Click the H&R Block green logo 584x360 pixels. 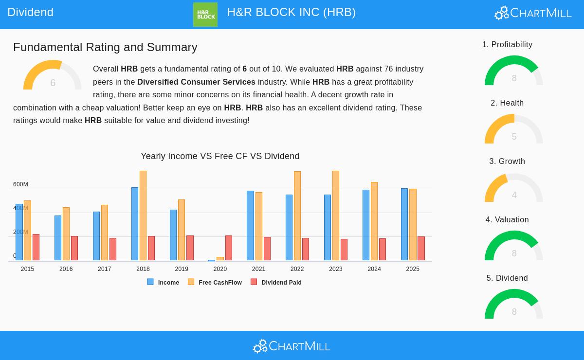pos(205,15)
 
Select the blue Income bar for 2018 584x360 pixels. pos(135,224)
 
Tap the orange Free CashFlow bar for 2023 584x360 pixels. pos(336,216)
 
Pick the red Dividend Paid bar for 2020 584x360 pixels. pos(229,248)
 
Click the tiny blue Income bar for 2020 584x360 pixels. pos(212,260)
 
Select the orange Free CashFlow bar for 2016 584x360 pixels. pos(66,234)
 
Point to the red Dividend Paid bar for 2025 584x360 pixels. pos(421,248)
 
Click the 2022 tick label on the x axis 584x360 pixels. pos(297,269)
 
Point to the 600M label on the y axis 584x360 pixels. pos(20,184)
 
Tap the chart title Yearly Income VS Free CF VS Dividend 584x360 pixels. pos(220,156)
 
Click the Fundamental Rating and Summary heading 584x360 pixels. pos(105,47)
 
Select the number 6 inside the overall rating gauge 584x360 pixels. pos(53,83)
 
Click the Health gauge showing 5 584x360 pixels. pos(514,130)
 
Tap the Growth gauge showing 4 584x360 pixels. pos(514,189)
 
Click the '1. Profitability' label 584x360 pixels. pos(507,45)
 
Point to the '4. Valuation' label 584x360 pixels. pos(507,220)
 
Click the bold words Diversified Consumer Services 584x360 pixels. pos(196,82)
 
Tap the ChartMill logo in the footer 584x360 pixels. pos(292,346)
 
